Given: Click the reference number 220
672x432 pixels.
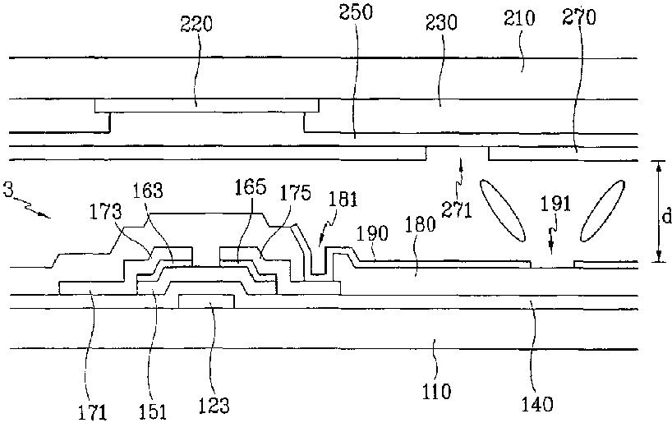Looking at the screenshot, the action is pyautogui.click(x=196, y=24).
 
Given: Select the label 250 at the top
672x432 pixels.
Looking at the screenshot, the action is pyautogui.click(x=356, y=11).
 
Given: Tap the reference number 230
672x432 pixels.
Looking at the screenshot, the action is pyautogui.click(x=441, y=22).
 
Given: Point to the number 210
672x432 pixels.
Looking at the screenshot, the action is pyautogui.click(x=519, y=18).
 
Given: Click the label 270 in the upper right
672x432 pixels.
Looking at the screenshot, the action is pyautogui.click(x=579, y=17).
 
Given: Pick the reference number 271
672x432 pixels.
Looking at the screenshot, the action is pyautogui.click(x=457, y=210).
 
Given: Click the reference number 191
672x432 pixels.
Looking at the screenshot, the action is pyautogui.click(x=555, y=204).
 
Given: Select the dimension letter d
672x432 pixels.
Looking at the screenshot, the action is pyautogui.click(x=666, y=217).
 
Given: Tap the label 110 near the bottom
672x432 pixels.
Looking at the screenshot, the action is pyautogui.click(x=436, y=391).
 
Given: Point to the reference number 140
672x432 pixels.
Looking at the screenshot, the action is pyautogui.click(x=537, y=403).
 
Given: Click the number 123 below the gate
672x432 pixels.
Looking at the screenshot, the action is pyautogui.click(x=214, y=405).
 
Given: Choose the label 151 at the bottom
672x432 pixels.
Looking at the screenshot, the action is pyautogui.click(x=152, y=411).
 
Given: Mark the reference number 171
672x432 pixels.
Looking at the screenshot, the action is pyautogui.click(x=92, y=413).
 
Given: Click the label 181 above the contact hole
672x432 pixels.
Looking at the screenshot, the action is pyautogui.click(x=343, y=200).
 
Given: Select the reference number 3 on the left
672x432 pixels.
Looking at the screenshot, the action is pyautogui.click(x=7, y=189).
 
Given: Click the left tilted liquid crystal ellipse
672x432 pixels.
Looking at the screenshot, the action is pyautogui.click(x=502, y=211).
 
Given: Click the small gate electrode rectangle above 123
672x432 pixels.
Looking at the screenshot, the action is pyautogui.click(x=206, y=301).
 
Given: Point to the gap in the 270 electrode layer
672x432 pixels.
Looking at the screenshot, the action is pyautogui.click(x=458, y=154).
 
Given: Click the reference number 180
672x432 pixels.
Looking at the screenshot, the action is pyautogui.click(x=420, y=224).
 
